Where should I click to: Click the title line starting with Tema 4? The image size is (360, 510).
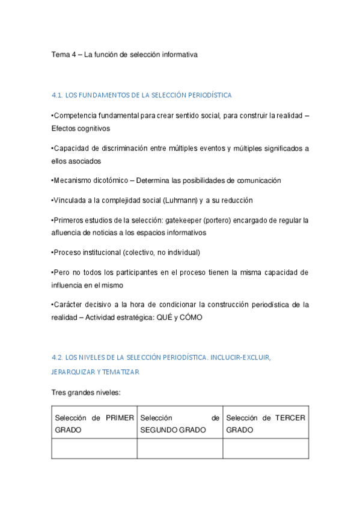(x=124, y=54)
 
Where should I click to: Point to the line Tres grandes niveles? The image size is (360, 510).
(x=86, y=392)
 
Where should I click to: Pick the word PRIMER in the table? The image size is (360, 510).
(x=120, y=418)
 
